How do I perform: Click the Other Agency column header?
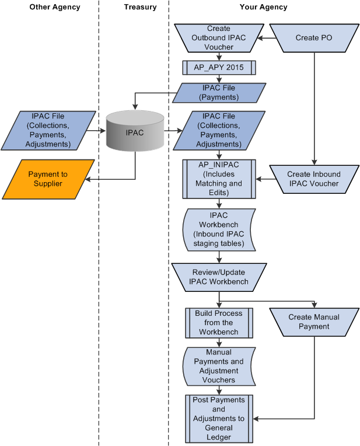[x=55, y=7]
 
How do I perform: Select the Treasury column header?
[x=140, y=7]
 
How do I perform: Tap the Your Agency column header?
[x=263, y=7]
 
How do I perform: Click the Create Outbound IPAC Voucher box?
[x=219, y=38]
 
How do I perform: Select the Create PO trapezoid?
[x=315, y=38]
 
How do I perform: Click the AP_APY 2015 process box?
[x=219, y=67]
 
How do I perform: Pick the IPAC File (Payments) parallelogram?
[x=219, y=93]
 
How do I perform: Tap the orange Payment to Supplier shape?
[x=48, y=179]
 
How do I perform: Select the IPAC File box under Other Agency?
[x=48, y=130]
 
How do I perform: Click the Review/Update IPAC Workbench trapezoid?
[x=219, y=277]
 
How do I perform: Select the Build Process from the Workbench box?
[x=219, y=322]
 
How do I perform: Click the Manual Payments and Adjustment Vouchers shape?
[x=219, y=366]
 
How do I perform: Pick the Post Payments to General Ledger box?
[x=219, y=418]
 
